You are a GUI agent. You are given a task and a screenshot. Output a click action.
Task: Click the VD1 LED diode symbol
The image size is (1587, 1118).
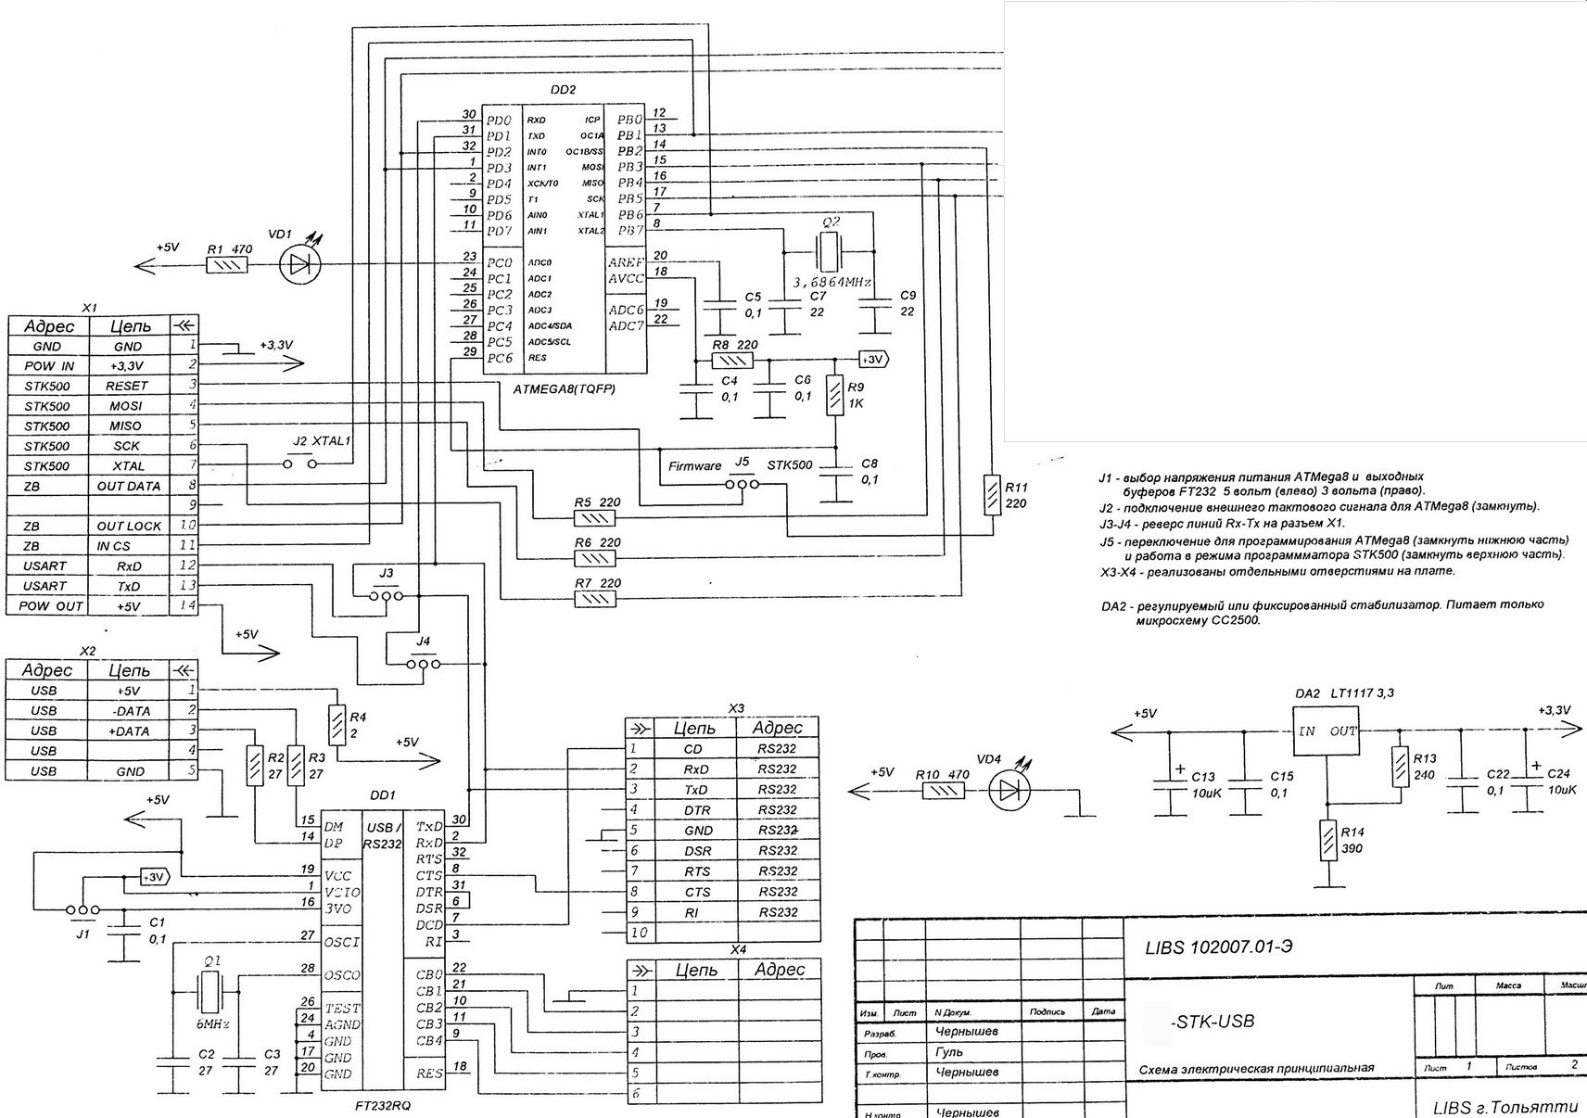click(299, 265)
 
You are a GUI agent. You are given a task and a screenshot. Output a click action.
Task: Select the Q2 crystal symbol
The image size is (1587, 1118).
click(829, 250)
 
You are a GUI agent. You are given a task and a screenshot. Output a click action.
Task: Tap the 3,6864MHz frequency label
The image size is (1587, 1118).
click(832, 281)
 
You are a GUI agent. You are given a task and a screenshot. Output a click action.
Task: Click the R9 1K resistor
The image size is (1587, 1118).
click(835, 394)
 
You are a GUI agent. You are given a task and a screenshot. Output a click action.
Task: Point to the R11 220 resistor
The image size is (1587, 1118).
click(992, 493)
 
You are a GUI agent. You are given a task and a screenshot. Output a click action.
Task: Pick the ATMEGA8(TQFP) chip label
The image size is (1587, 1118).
click(564, 389)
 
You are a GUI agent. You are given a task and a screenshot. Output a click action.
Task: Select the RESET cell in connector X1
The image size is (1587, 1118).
click(127, 386)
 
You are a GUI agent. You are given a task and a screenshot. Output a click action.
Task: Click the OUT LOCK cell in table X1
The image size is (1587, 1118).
click(129, 526)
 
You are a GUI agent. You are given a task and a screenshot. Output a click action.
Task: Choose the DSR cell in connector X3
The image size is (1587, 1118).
click(696, 851)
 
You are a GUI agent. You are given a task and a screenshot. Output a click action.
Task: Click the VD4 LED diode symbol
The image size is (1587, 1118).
click(1010, 790)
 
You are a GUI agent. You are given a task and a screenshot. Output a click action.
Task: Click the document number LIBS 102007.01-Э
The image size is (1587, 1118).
click(1224, 946)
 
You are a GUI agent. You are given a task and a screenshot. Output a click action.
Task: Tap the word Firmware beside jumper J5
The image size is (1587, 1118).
click(694, 466)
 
